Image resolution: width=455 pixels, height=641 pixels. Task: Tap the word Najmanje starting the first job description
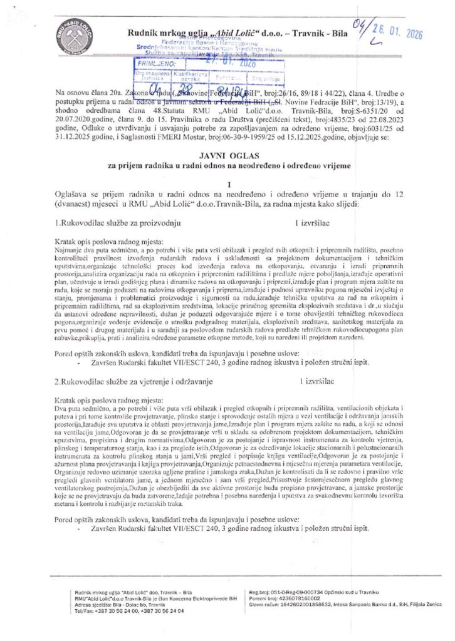[69, 249]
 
